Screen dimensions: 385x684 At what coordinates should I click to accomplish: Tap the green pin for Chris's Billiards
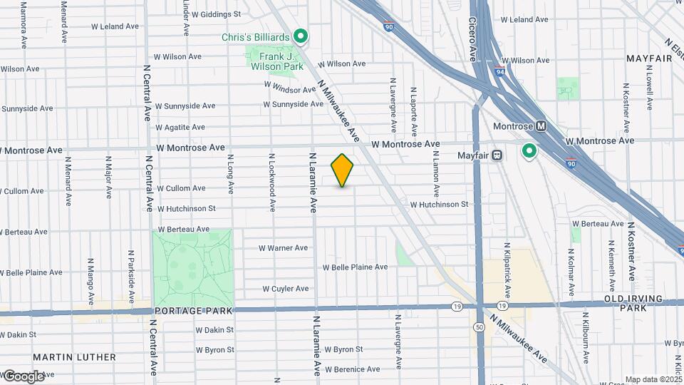coord(301,35)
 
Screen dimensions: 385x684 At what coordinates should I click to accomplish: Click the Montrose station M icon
coord(541,126)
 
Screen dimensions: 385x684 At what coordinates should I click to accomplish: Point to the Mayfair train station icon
coord(499,155)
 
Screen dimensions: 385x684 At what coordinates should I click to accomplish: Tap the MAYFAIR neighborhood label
coord(649,58)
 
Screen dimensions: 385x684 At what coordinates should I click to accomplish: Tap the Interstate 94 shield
coord(499,71)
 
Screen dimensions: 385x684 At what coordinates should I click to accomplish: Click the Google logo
coord(23,376)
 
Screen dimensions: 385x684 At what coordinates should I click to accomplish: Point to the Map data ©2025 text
coord(653,379)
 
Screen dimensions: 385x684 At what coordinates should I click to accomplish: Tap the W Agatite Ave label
coord(181,128)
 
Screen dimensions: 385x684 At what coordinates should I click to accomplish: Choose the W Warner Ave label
coord(283,248)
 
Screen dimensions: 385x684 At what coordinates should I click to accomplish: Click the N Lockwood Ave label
coord(272,182)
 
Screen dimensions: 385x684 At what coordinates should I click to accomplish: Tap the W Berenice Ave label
coord(353,369)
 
